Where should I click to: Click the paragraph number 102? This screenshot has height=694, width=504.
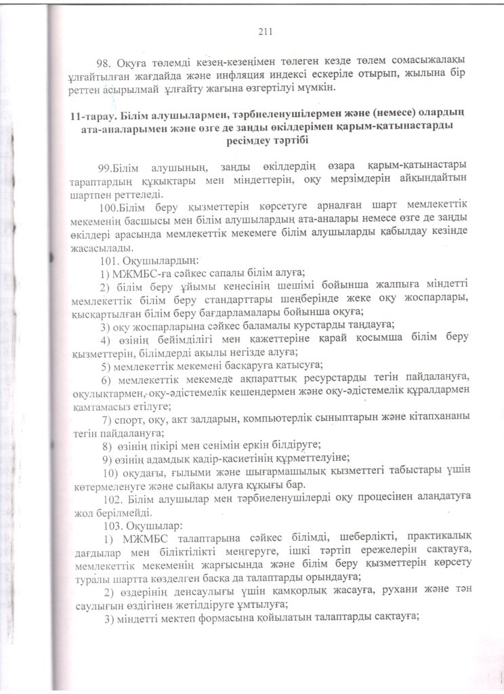click(109, 499)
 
